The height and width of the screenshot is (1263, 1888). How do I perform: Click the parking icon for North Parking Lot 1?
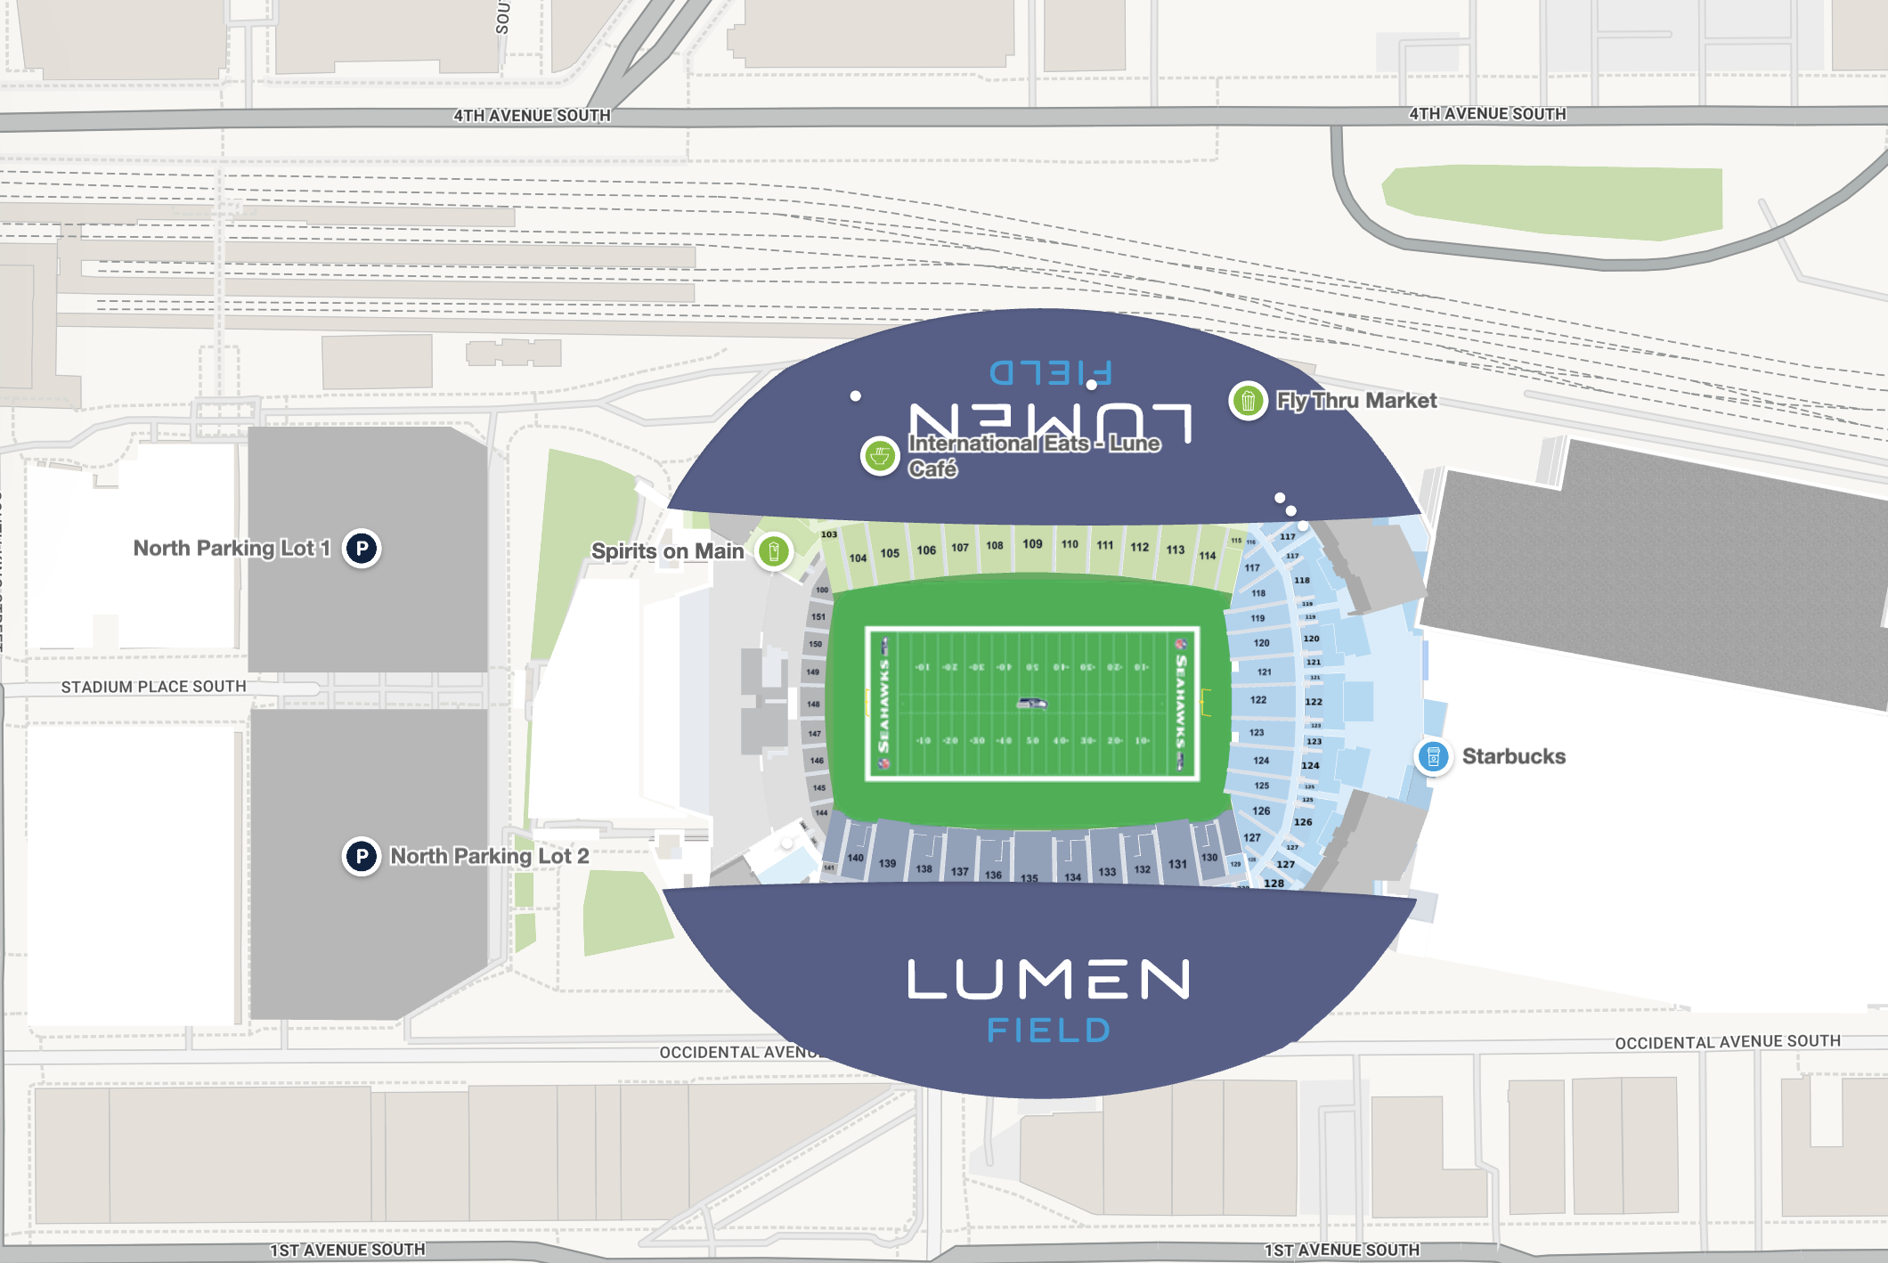362,548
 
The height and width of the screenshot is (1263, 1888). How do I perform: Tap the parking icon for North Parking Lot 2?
362,857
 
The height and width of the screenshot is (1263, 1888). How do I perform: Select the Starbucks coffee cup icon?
1433,757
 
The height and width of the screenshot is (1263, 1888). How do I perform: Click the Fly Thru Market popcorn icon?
1248,401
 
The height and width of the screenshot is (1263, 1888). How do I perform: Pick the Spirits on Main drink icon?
774,551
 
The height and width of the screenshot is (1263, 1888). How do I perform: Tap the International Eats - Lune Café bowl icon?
880,456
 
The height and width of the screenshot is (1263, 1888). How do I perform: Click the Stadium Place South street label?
153,687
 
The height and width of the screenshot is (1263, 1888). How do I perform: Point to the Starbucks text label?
1513,756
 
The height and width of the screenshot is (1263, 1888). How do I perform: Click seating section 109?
1032,544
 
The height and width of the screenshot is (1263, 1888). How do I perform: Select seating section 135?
1029,877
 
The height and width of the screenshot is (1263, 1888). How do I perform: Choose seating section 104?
858,558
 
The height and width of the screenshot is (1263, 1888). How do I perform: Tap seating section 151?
818,616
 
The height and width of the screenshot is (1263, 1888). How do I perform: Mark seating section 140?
855,858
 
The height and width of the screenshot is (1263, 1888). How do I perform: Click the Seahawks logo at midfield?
1032,704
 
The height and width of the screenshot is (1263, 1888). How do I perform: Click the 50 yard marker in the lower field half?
1032,740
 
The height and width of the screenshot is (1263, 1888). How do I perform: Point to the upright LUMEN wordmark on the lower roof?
1048,979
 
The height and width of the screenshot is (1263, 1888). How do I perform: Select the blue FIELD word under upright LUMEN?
1048,1031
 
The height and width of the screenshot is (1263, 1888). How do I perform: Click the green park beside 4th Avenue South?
1551,201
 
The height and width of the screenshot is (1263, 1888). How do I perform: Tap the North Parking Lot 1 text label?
232,548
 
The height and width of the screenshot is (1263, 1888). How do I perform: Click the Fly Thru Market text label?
1355,401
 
